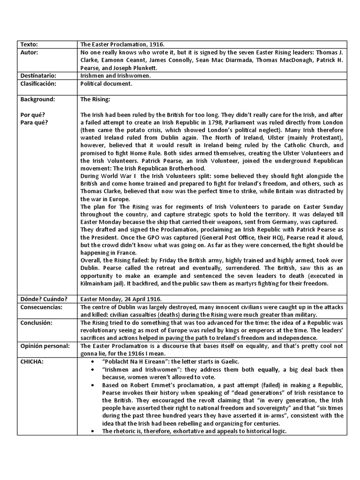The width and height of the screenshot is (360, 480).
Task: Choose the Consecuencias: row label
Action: coord(41,307)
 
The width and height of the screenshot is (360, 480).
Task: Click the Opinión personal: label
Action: coord(45,346)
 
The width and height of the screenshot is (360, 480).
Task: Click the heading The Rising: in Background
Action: coord(95,99)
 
